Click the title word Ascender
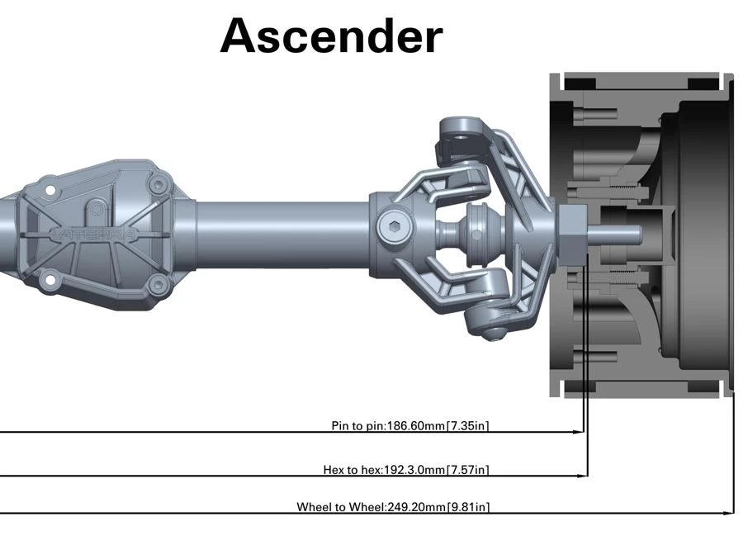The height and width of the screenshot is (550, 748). coord(331,36)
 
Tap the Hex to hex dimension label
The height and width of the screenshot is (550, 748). coord(405,470)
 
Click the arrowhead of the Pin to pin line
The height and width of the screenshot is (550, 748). coord(580,431)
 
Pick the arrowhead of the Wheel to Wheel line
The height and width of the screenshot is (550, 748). coord(729,513)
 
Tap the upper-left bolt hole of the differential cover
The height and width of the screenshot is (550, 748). coord(50,191)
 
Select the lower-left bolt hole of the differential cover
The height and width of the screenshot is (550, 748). coord(50,281)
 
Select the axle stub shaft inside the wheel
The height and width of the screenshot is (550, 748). coord(615,234)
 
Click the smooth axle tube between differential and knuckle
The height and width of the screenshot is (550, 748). coord(281,234)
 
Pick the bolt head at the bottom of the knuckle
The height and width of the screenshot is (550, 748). coord(493,333)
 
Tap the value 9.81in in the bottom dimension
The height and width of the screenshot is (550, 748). coord(469,506)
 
